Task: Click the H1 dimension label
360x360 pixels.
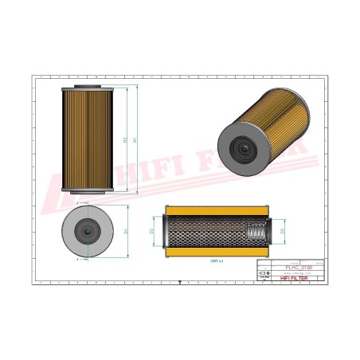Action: pos(135,139)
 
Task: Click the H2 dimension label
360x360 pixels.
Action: pos(123,139)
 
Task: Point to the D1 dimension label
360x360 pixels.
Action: pos(126,231)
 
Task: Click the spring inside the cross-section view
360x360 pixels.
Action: pos(256,231)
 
